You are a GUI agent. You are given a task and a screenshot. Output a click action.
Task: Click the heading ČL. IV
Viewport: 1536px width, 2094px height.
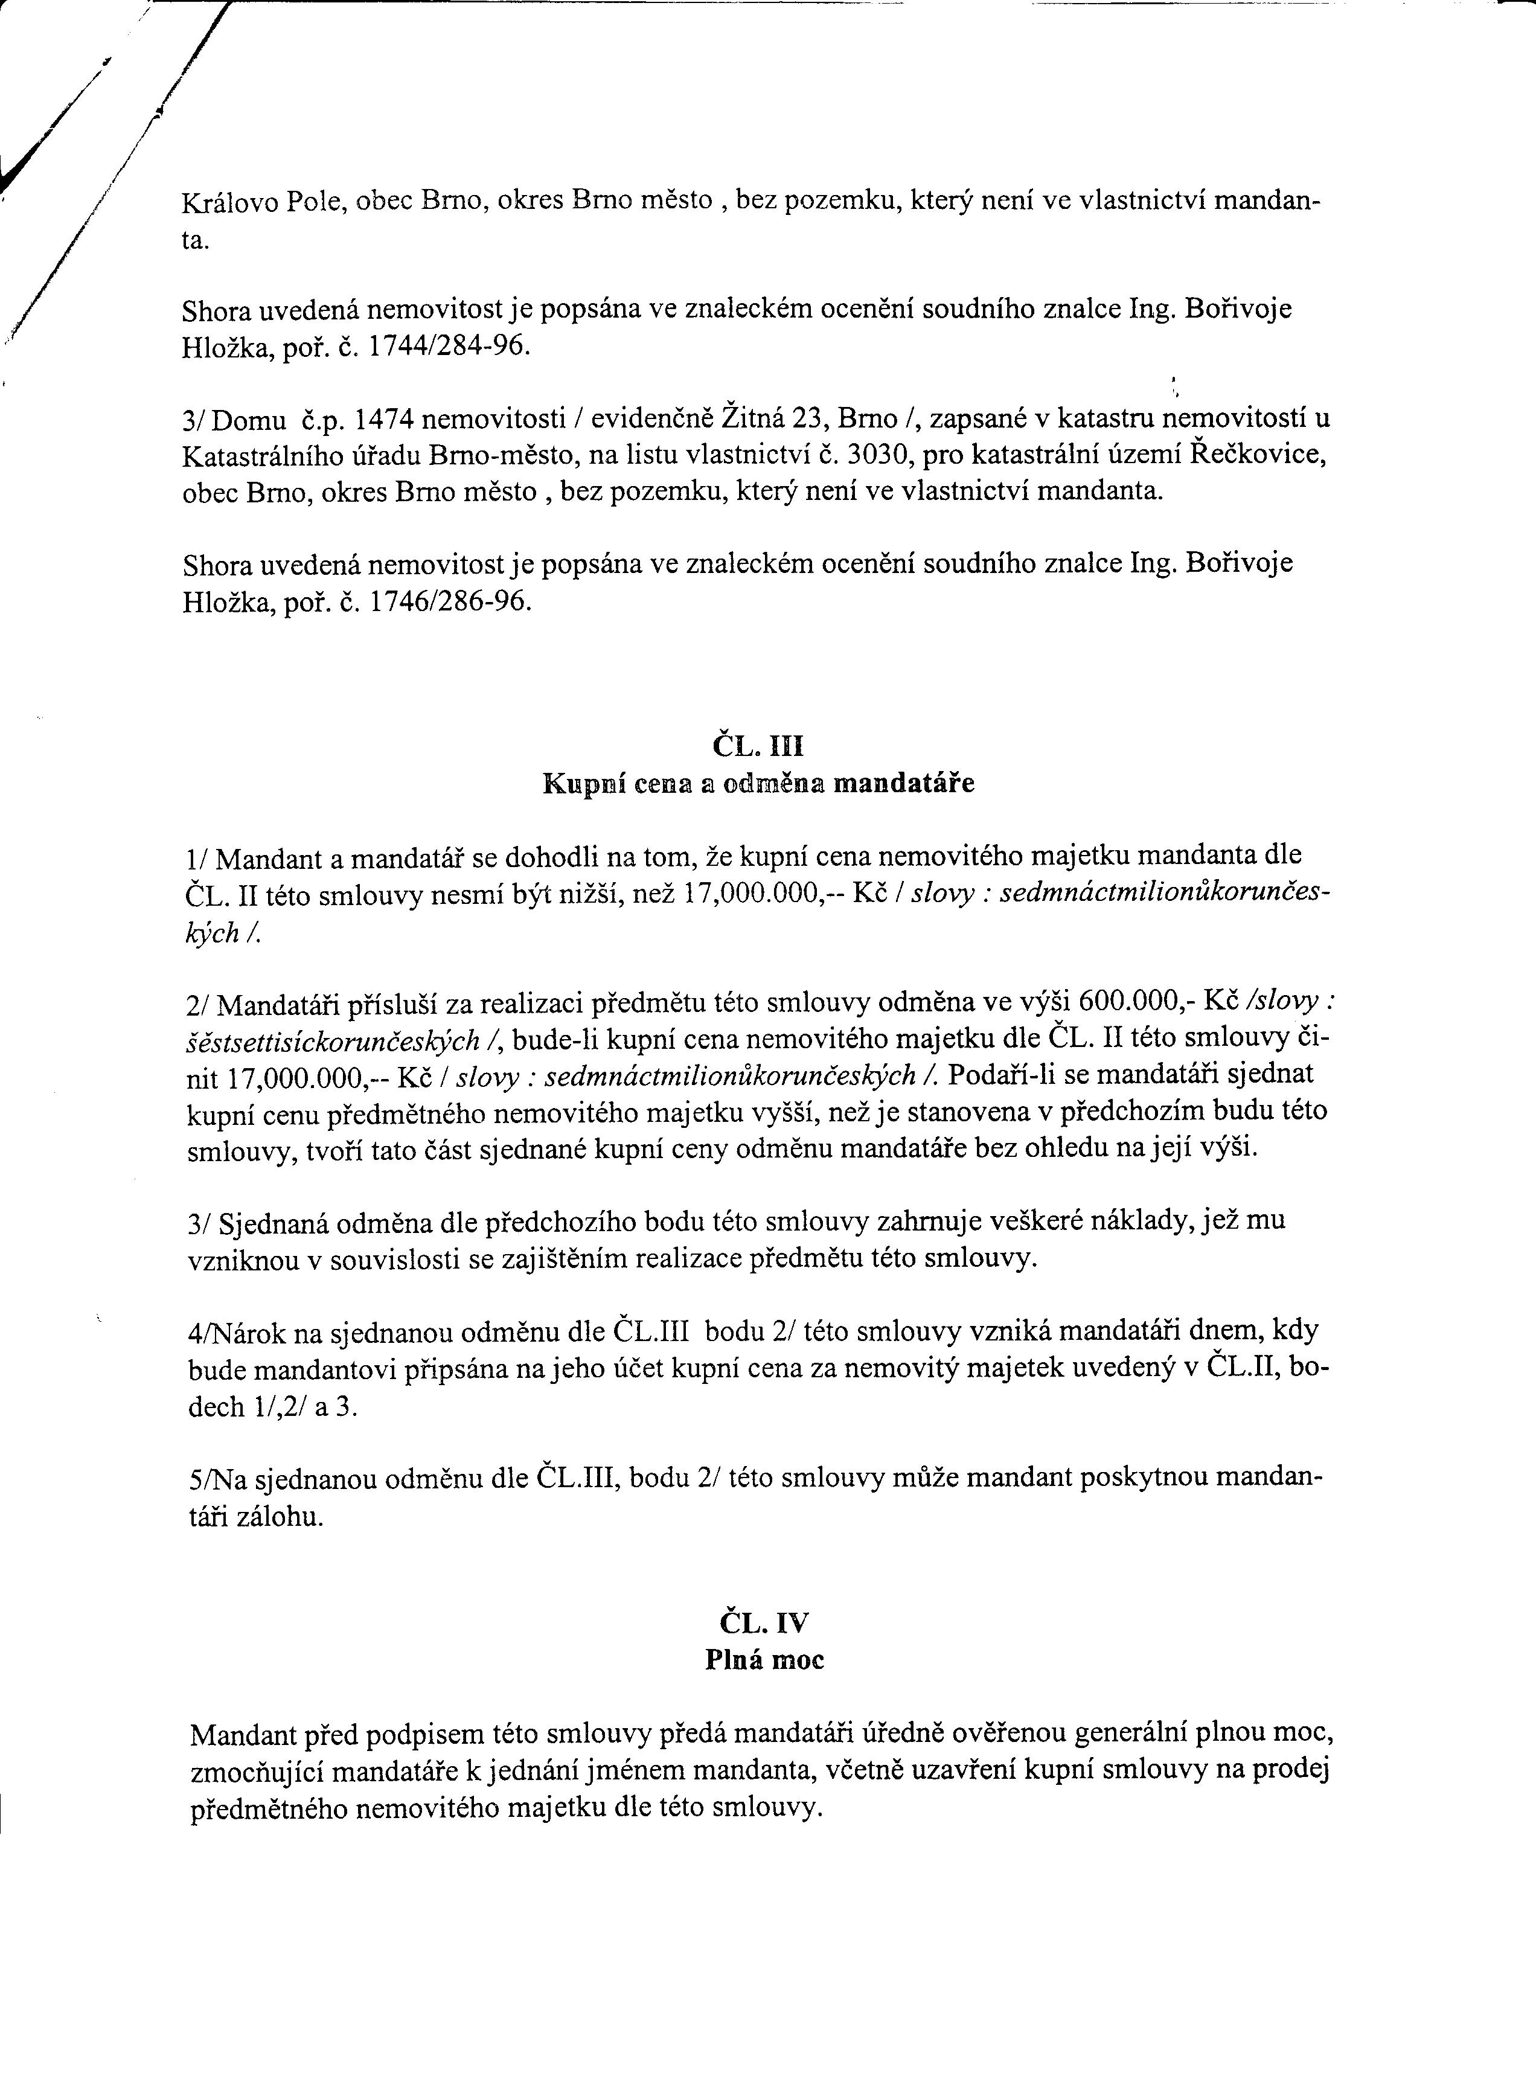click(763, 1622)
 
